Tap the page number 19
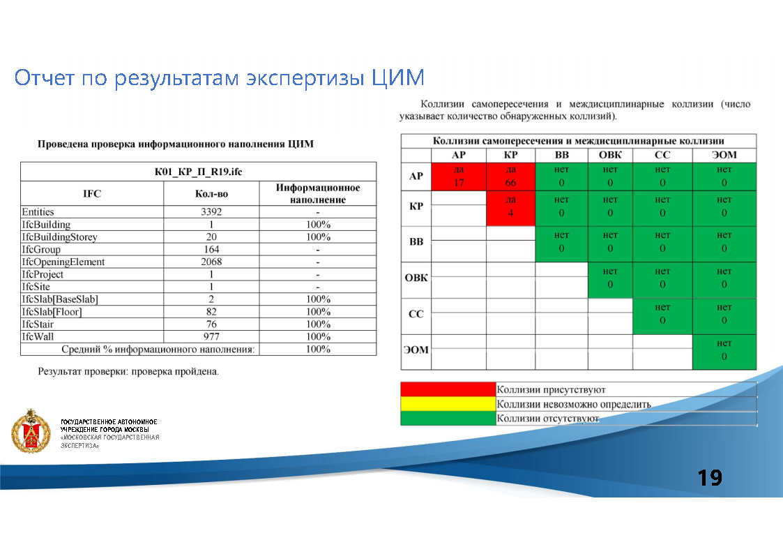(x=710, y=478)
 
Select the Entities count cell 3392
(x=211, y=212)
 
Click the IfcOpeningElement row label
(x=63, y=262)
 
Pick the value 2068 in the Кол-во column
(x=211, y=262)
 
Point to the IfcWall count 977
(x=211, y=337)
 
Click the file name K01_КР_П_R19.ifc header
(x=198, y=172)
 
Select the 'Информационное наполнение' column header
(x=317, y=193)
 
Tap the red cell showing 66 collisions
(x=510, y=177)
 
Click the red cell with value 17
(x=459, y=177)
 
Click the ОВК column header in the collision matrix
(x=610, y=155)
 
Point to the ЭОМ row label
(x=416, y=350)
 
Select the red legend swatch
(x=448, y=389)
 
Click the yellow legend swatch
(x=448, y=404)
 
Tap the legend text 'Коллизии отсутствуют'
(x=548, y=419)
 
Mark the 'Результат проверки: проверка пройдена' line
(x=128, y=371)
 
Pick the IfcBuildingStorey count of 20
(x=211, y=237)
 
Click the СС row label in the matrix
(x=416, y=315)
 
